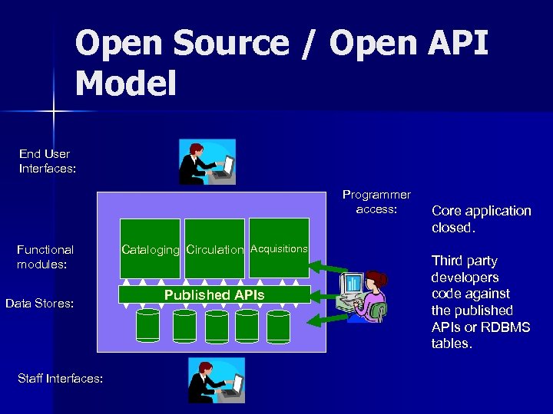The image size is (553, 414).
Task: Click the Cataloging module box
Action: coord(151,248)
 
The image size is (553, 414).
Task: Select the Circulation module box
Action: coord(215,248)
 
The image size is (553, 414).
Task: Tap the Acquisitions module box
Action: coord(279,248)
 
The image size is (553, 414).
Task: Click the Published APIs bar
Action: coord(214,294)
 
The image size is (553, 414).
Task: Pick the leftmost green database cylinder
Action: coord(147,326)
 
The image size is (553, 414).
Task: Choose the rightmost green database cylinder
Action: coord(278,326)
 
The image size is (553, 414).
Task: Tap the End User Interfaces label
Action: coord(47,161)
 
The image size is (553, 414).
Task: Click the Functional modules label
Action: coord(45,257)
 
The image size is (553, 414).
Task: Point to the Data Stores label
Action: coord(39,304)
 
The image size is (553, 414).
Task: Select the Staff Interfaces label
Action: coord(59,377)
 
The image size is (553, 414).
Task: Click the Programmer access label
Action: coord(376,202)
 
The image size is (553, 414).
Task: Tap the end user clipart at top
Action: coord(207,162)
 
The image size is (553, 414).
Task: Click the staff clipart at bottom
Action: coord(217,379)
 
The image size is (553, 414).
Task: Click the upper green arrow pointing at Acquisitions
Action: coord(327,267)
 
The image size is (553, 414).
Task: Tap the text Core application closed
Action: coord(481,219)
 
